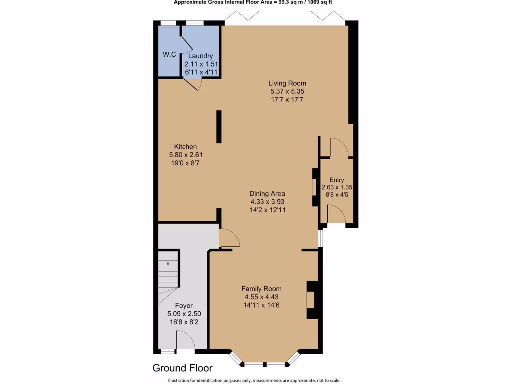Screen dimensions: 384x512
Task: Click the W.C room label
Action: [x=169, y=54]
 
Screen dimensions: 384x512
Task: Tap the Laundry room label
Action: [x=201, y=56]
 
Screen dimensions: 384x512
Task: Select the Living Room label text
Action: [x=287, y=83]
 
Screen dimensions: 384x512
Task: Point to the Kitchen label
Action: [x=185, y=147]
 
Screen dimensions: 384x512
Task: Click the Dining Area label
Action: [x=267, y=193]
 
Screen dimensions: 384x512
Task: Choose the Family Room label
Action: [x=261, y=289]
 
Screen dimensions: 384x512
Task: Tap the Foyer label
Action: [x=183, y=306]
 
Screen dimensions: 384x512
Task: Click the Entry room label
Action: [x=337, y=180]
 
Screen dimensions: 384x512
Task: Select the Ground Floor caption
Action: [x=182, y=368]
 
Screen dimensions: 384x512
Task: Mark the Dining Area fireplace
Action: [x=315, y=187]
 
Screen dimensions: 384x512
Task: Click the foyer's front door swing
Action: [x=186, y=342]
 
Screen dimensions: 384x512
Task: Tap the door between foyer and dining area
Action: [x=229, y=238]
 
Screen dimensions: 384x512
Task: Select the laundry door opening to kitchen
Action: [x=192, y=84]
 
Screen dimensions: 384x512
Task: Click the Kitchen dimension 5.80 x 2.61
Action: [x=185, y=155]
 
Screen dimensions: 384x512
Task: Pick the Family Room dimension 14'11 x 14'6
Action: [x=261, y=305]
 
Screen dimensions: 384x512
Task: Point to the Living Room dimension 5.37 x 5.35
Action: [x=287, y=92]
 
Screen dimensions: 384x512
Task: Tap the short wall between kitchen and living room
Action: [x=218, y=127]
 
